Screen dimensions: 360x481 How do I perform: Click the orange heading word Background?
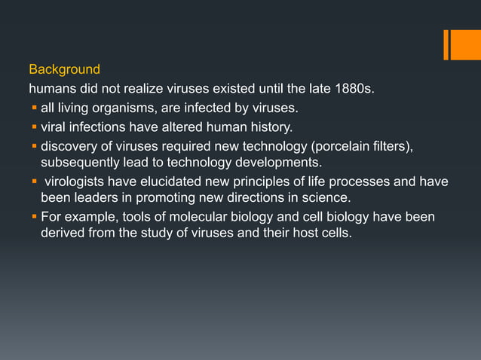click(x=64, y=70)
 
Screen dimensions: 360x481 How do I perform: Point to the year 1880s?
click(x=348, y=90)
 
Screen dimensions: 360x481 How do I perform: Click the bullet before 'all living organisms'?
click(x=34, y=108)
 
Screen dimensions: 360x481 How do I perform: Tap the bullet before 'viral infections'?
click(x=34, y=127)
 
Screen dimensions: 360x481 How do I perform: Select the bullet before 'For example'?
click(x=34, y=217)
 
